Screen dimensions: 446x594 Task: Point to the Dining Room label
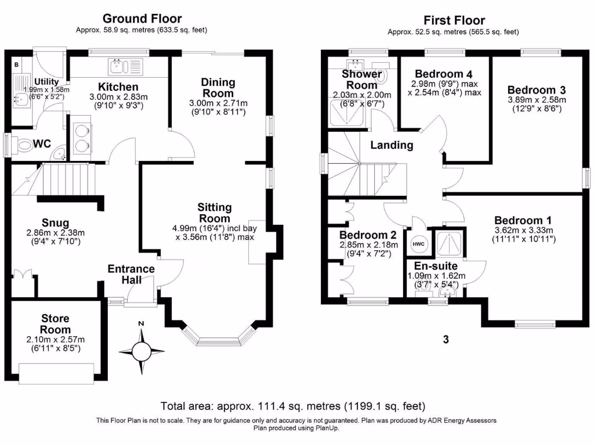[x=218, y=88]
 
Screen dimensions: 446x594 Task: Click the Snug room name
[x=56, y=223]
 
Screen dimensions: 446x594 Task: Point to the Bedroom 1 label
[x=523, y=220]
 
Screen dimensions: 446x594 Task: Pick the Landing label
[x=393, y=145]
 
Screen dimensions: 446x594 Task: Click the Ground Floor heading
[x=142, y=19]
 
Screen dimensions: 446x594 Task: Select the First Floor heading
[x=454, y=20]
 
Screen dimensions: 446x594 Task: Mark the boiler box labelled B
[x=16, y=64]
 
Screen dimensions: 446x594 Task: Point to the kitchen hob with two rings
[x=81, y=138]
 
